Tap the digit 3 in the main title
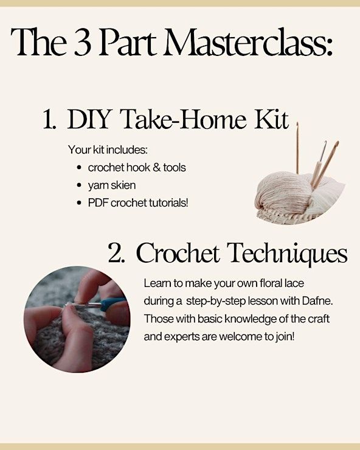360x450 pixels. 82,43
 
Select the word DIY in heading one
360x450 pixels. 89,119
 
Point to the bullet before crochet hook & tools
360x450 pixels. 80,168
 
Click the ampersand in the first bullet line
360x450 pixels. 156,168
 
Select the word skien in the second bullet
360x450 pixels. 123,185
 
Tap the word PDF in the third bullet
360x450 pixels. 99,203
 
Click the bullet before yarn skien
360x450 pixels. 80,185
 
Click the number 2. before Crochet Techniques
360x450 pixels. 117,254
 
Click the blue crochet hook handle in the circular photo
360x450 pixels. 113,303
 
